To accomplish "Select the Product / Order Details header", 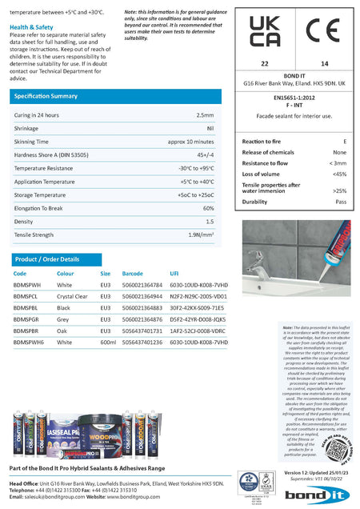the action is (47, 259).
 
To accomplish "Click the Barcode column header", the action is (132, 274).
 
